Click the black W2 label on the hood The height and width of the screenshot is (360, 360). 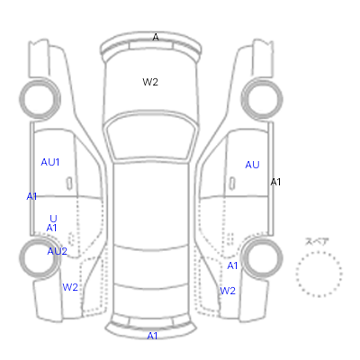pyautogui.click(x=150, y=82)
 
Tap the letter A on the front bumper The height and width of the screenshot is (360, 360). pyautogui.click(x=156, y=37)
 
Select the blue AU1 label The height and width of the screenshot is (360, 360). pyautogui.click(x=50, y=162)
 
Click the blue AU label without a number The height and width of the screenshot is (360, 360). pyautogui.click(x=252, y=165)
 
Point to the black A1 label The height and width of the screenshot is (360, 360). pyautogui.click(x=275, y=182)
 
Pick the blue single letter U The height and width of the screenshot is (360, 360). pyautogui.click(x=53, y=219)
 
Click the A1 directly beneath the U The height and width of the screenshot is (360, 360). pyautogui.click(x=51, y=228)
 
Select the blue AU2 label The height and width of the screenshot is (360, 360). pyautogui.click(x=57, y=251)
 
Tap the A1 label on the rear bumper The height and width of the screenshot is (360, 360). pyautogui.click(x=152, y=336)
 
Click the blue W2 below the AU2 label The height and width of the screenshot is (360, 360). pyautogui.click(x=70, y=287)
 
